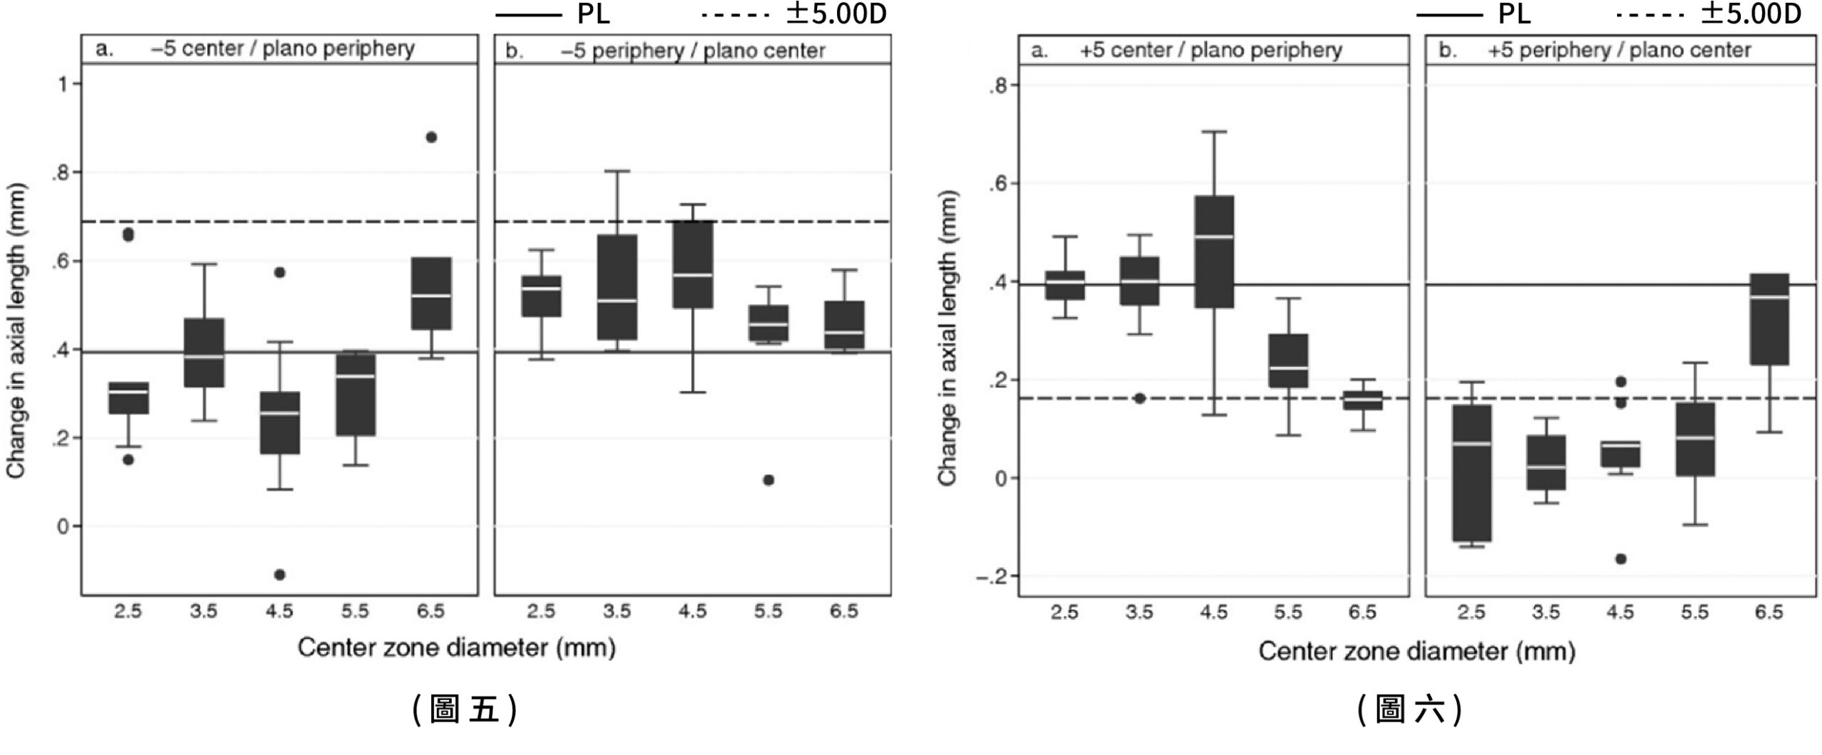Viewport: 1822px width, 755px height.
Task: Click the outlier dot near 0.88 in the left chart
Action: click(431, 137)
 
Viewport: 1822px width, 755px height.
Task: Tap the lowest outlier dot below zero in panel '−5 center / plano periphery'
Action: click(280, 575)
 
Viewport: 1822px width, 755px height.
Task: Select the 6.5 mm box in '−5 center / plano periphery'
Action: click(431, 293)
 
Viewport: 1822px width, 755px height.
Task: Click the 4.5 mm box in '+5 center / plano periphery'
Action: click(1214, 251)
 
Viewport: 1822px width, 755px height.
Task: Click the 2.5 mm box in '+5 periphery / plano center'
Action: click(1471, 473)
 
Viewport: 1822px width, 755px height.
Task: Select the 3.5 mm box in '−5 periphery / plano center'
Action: click(617, 287)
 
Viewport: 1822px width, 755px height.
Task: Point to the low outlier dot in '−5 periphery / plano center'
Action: click(768, 480)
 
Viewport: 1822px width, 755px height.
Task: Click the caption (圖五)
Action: click(464, 710)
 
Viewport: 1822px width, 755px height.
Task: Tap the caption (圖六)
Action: click(1409, 710)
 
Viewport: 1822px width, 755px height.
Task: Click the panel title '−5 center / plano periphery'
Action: click(283, 49)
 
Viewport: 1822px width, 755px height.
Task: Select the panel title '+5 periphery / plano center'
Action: click(1619, 51)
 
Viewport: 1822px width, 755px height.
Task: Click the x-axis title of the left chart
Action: click(456, 647)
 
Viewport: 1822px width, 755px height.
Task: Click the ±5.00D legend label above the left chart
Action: click(836, 14)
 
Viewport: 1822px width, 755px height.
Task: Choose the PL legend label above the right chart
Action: click(1514, 14)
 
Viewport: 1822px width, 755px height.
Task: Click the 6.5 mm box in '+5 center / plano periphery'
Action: click(1362, 400)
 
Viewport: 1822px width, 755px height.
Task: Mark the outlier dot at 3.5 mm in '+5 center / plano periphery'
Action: click(1139, 398)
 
